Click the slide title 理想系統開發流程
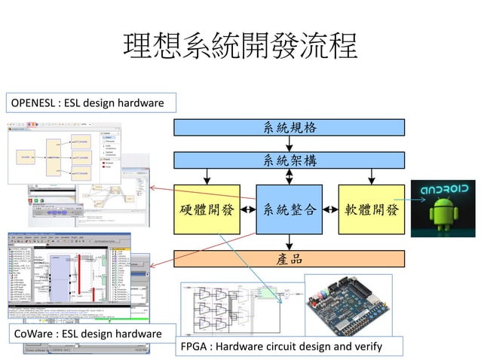tap(240, 47)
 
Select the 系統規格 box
tap(290, 127)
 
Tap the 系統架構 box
tap(290, 160)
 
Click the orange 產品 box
tap(290, 258)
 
